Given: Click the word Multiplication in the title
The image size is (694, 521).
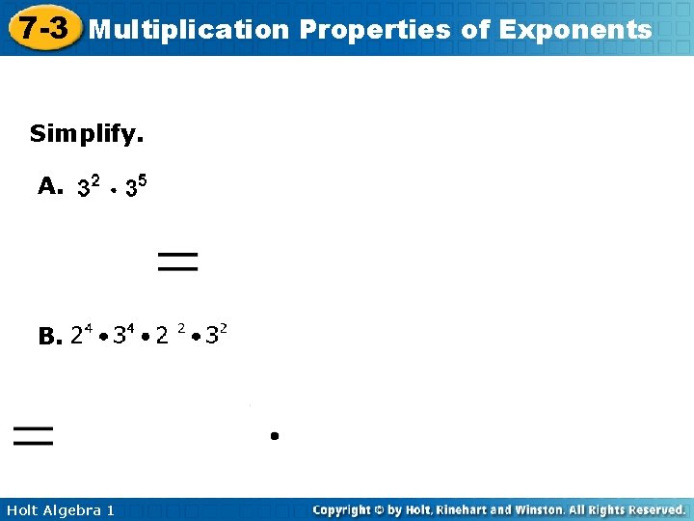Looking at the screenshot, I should (x=188, y=30).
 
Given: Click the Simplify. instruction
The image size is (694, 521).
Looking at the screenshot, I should (x=87, y=133).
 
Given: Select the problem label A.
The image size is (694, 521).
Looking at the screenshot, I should (x=50, y=186).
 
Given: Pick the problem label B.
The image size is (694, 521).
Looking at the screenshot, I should (x=49, y=337).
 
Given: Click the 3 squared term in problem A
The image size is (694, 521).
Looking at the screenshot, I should (x=89, y=186).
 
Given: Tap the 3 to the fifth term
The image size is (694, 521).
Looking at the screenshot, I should (x=136, y=186).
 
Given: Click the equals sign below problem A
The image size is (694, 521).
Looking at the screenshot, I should (x=177, y=260).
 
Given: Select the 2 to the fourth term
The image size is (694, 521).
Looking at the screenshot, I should (x=81, y=335).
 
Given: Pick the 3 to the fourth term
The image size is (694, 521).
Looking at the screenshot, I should (x=123, y=335).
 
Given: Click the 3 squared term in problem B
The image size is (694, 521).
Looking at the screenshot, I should (x=216, y=335).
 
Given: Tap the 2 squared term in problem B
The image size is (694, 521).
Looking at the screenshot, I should (x=170, y=335).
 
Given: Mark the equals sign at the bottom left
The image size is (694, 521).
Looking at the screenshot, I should (x=33, y=435).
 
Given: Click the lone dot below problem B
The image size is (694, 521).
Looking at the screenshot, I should (x=275, y=436).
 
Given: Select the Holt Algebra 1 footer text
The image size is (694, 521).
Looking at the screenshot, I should (x=60, y=509).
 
